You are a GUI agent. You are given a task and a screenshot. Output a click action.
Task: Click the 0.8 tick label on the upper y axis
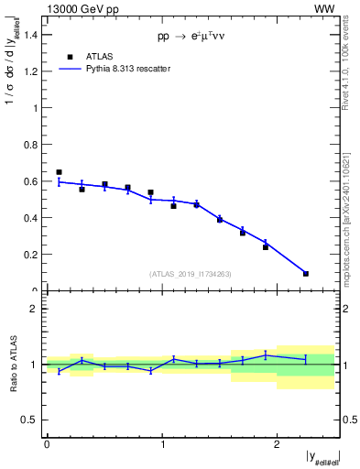(x=34, y=145)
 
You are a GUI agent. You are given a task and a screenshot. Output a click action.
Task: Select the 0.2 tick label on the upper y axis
(x=34, y=255)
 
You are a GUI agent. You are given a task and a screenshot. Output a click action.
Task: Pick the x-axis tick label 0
(x=47, y=443)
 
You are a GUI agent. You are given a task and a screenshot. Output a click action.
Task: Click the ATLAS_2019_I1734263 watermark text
(x=191, y=273)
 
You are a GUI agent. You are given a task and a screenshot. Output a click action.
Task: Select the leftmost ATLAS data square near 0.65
(x=59, y=172)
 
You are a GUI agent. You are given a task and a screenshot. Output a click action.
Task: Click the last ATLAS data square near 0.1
(x=305, y=273)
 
